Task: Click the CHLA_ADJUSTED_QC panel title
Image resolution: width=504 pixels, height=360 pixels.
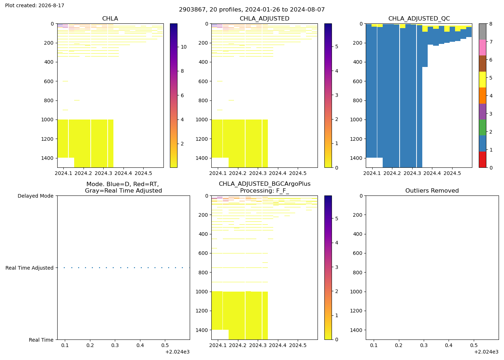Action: coord(419,18)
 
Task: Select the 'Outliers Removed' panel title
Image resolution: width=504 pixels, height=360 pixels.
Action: coord(432,190)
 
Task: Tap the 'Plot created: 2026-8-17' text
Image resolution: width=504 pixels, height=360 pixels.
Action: coord(35,5)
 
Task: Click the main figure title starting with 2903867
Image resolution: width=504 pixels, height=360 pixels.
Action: coord(252,10)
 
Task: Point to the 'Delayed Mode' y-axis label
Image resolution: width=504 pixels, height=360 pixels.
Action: coord(36,196)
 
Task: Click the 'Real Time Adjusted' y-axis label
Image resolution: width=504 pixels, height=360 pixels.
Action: coord(30,268)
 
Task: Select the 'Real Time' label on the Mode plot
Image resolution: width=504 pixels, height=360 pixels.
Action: coord(41,340)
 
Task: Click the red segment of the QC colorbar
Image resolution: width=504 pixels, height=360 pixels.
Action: coord(482,159)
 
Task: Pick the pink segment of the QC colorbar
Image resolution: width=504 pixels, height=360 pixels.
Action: coord(482,48)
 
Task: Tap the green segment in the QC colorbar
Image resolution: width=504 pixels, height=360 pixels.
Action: coord(482,127)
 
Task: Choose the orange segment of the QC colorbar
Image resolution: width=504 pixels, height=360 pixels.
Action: coord(482,96)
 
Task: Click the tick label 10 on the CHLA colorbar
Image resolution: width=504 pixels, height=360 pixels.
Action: coord(184,47)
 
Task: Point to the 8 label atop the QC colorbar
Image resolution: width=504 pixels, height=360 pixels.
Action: coord(491,24)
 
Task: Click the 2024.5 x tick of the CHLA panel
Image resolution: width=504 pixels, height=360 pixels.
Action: coord(143,174)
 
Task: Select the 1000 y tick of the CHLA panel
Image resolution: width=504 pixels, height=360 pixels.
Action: coord(48,120)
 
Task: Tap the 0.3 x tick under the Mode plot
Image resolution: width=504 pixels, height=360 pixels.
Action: coord(115,345)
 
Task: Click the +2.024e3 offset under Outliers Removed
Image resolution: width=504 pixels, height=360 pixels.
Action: coord(486,352)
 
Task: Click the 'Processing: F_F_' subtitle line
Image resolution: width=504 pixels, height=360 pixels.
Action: coord(264,190)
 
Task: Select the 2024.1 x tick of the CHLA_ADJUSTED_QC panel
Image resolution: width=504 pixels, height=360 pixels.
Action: coord(372,174)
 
